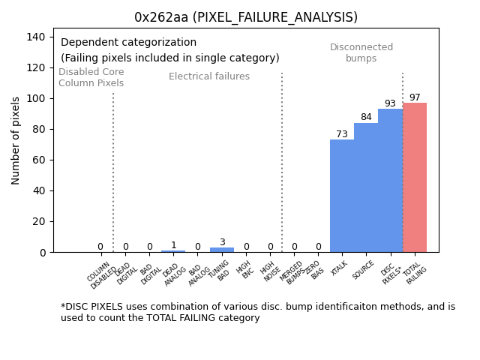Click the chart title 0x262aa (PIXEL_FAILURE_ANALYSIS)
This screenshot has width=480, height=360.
pos(246,17)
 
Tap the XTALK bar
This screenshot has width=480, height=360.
pos(342,196)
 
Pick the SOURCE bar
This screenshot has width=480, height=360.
pos(366,187)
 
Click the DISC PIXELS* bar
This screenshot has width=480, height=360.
pos(390,181)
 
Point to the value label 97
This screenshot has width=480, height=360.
pos(415,97)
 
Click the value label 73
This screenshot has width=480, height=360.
pos(342,134)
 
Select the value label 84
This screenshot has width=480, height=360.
pos(366,117)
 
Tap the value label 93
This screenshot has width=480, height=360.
pos(390,103)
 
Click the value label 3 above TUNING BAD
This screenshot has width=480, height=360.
pos(222,242)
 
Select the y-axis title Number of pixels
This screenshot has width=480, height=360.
pos(16,140)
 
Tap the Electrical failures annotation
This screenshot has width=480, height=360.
pos(209,76)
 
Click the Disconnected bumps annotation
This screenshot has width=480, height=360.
pos(361,52)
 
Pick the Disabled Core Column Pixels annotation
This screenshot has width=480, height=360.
pos(91,77)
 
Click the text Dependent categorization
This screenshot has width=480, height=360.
pos(128,43)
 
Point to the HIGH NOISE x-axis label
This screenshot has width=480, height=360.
pos(268,271)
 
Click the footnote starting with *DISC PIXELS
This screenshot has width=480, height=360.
pos(258,312)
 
